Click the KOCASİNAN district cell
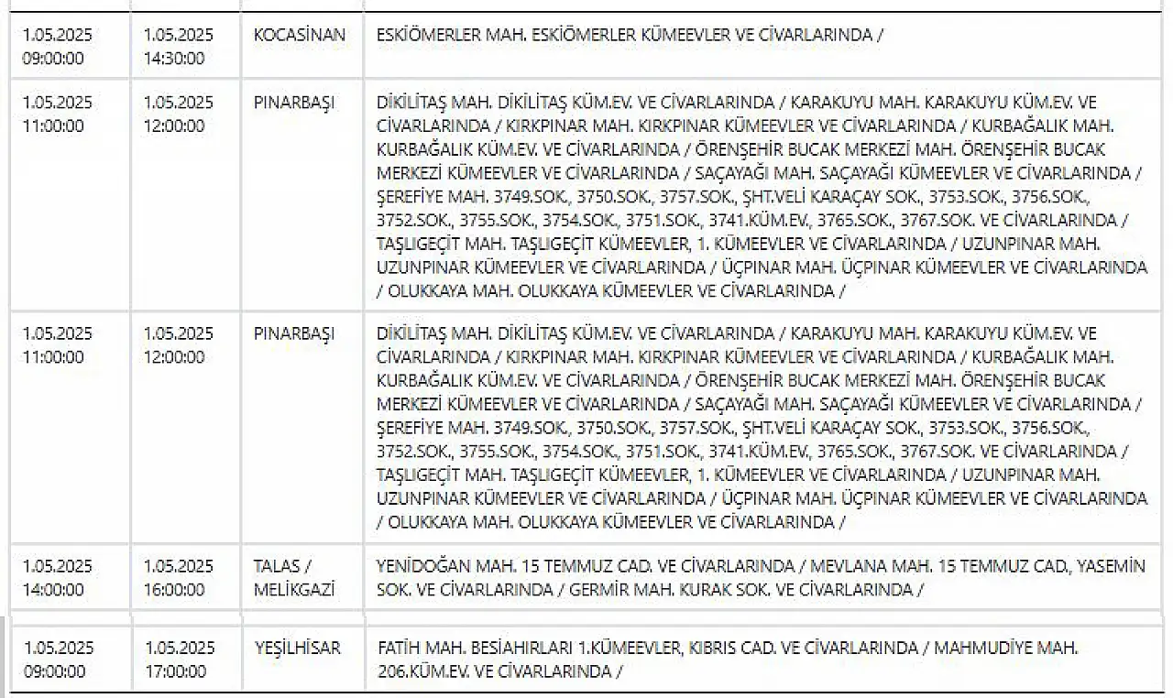(300, 36)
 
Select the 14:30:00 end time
(174, 59)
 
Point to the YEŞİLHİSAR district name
(297, 649)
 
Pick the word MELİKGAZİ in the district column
(293, 589)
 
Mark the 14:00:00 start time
(53, 589)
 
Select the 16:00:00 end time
(174, 589)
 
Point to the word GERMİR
(600, 589)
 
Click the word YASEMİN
(1112, 566)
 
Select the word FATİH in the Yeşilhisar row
(398, 649)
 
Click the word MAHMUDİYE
(989, 649)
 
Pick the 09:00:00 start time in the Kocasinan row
(53, 59)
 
